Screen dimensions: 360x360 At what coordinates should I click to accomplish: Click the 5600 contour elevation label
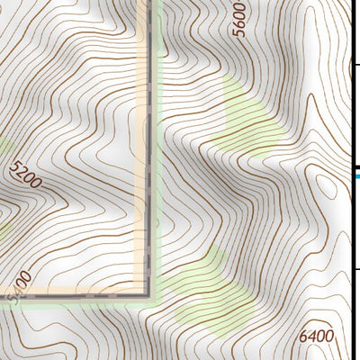(x=238, y=19)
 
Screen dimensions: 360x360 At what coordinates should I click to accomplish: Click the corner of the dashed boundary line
(x=147, y=294)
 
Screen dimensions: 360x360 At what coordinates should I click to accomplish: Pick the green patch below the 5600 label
(x=247, y=112)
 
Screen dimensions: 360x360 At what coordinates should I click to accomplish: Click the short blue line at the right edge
(x=357, y=177)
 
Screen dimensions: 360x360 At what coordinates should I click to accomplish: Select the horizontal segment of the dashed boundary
(x=81, y=294)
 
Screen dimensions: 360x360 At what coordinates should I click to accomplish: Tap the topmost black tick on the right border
(x=355, y=64)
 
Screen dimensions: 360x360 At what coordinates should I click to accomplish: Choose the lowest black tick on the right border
(x=355, y=268)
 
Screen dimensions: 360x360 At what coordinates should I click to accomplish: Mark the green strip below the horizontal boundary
(x=81, y=302)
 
